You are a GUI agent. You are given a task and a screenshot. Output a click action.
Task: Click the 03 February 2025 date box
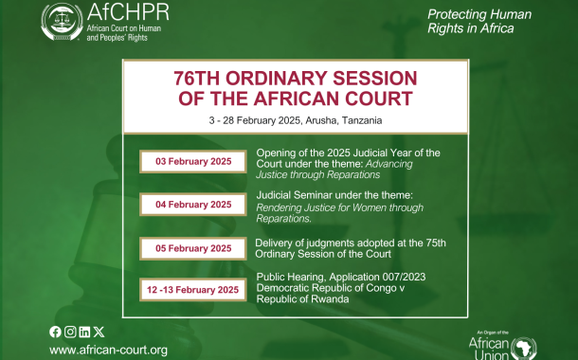(x=194, y=162)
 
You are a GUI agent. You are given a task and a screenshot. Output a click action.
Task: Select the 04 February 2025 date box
(x=194, y=204)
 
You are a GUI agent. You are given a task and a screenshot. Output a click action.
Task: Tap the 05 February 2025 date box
(x=194, y=248)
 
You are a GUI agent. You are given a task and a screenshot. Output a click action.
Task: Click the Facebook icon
(x=55, y=331)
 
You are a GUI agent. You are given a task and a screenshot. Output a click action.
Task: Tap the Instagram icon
(x=69, y=331)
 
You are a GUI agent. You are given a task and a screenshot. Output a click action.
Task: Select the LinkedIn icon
(x=84, y=331)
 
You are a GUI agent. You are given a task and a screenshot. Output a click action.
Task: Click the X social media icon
(x=99, y=331)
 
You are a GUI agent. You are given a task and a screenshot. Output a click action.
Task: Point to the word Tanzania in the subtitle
(x=357, y=121)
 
